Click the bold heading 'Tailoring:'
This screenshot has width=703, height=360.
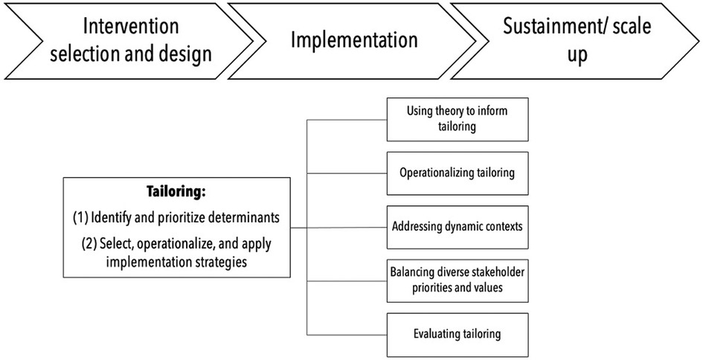176,192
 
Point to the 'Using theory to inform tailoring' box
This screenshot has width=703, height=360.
458,119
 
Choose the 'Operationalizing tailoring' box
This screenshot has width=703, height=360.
458,172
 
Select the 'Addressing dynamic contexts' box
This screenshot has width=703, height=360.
458,226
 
